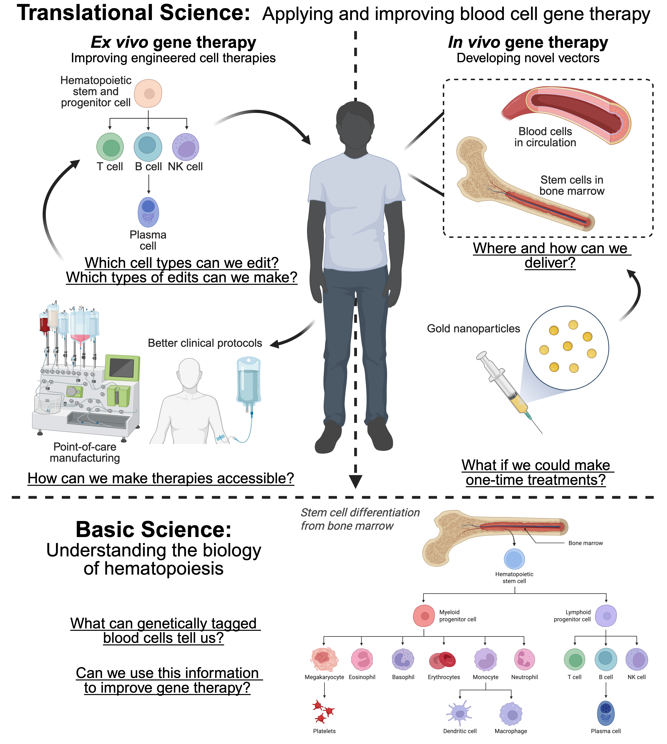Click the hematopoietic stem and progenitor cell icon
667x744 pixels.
coord(148,93)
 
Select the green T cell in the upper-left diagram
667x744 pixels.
coord(110,147)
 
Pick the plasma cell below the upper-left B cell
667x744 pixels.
coord(148,212)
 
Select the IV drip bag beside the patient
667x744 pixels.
coord(249,381)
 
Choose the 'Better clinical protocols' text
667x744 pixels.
coord(205,343)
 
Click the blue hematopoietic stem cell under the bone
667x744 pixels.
coord(514,559)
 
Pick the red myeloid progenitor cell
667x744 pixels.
coord(424,616)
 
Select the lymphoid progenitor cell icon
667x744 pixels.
coord(606,616)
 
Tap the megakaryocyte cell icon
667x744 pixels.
coord(324,659)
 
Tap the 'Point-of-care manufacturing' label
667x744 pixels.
coord(85,452)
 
